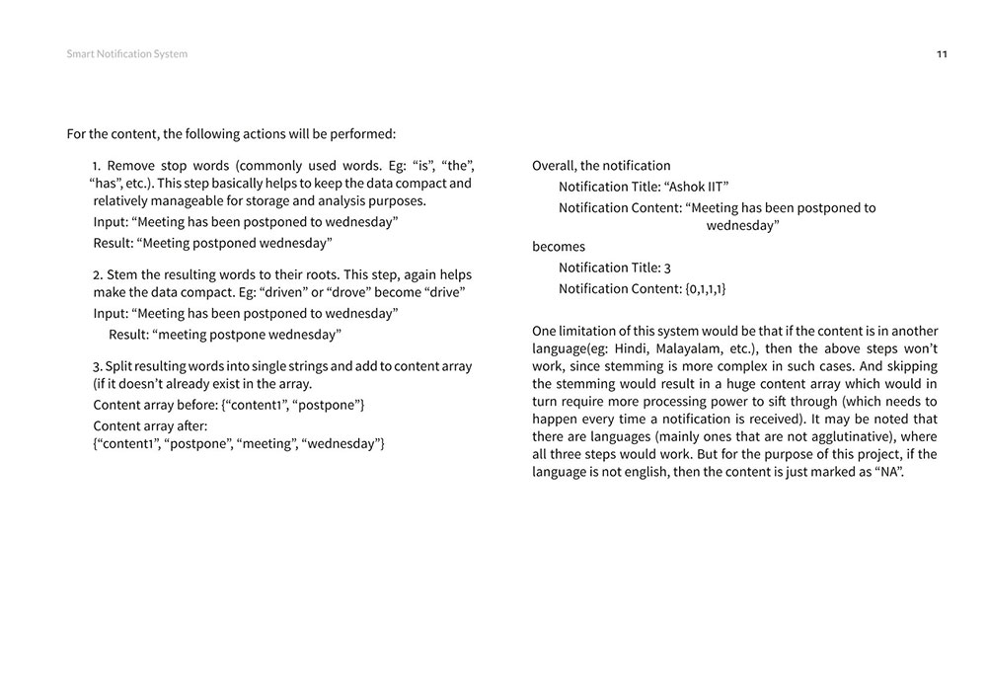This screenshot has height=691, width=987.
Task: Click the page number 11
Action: point(942,54)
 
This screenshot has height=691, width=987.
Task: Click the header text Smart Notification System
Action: point(126,54)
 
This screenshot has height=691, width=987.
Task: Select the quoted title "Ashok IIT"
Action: point(697,187)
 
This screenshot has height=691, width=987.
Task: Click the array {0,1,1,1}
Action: point(705,289)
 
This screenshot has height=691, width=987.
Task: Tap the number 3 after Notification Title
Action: point(667,268)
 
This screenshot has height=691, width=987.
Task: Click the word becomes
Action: point(559,247)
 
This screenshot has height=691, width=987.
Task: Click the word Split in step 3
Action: point(120,366)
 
